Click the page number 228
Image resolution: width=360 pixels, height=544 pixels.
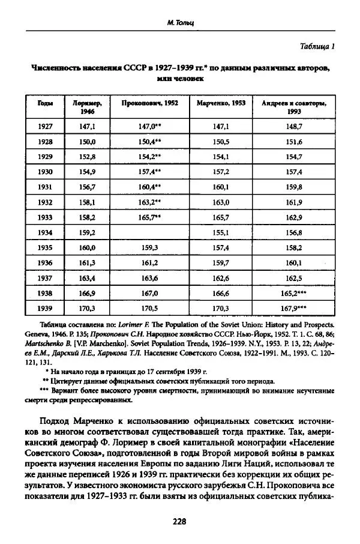pos(179,521)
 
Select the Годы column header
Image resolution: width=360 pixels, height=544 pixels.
pos(45,103)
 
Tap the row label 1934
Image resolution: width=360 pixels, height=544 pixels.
pos(45,232)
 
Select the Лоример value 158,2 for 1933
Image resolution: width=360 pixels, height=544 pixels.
pos(87,217)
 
